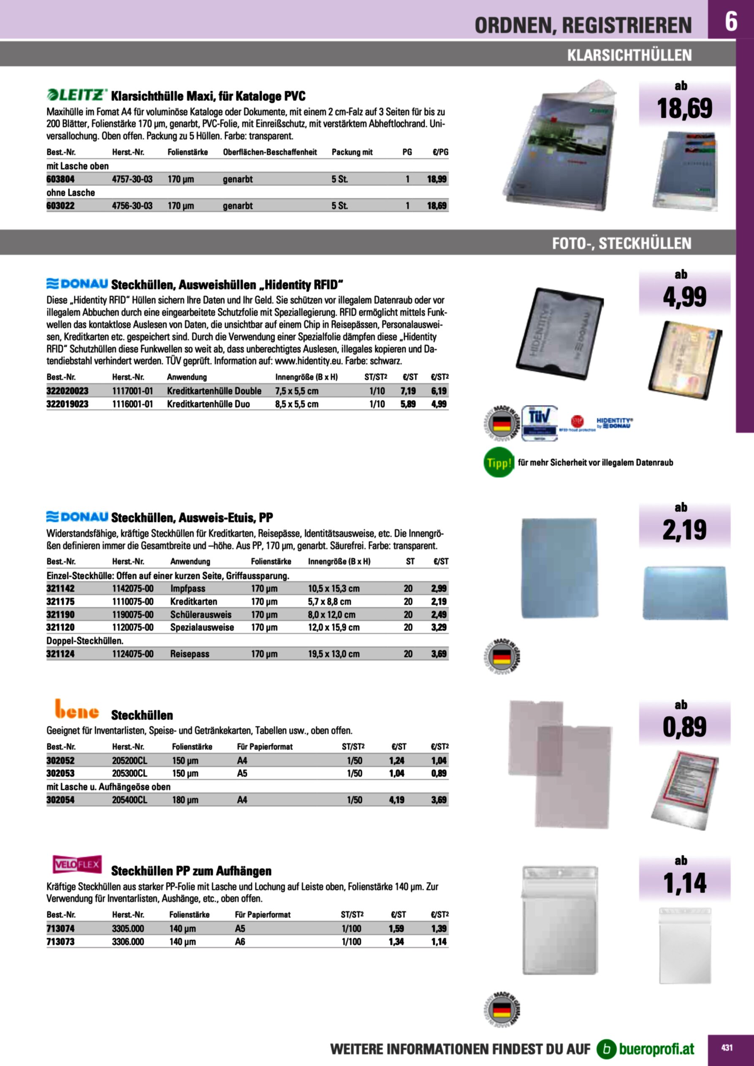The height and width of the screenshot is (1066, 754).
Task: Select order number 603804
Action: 60,179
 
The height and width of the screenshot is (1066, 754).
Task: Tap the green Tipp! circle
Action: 499,463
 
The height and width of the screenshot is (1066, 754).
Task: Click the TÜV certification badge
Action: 540,423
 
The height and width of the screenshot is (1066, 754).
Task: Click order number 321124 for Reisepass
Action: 60,654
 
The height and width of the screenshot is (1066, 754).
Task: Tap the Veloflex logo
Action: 77,864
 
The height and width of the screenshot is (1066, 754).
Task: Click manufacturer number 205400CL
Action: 129,799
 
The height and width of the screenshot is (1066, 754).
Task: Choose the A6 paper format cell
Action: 240,942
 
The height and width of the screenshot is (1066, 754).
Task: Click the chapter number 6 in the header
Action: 731,21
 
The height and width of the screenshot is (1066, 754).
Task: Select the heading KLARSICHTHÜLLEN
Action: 629,55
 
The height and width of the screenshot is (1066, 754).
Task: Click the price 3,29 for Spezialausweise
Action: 439,627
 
